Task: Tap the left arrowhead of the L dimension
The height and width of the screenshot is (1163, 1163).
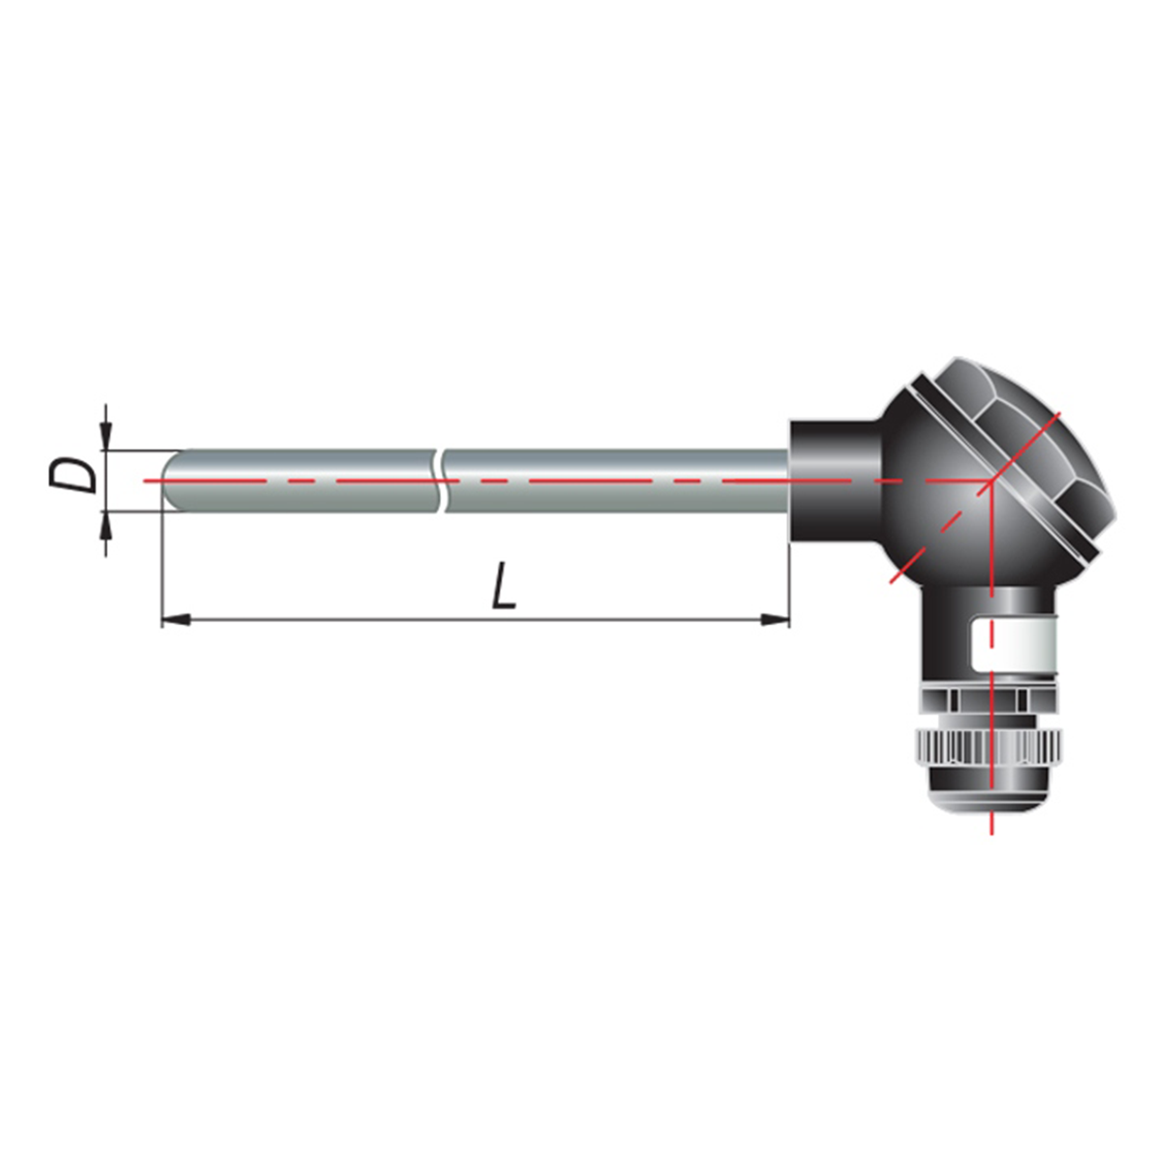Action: (176, 619)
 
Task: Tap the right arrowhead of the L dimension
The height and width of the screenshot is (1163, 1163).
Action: (774, 619)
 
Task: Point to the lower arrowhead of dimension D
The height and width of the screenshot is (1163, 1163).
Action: (107, 526)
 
